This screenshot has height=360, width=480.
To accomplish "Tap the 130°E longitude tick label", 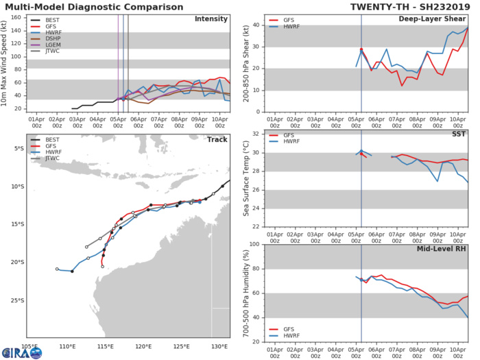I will [x=219, y=346].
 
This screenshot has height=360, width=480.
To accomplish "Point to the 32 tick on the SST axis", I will [x=256, y=134].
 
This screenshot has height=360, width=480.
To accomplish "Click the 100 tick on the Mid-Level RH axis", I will [x=254, y=244].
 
